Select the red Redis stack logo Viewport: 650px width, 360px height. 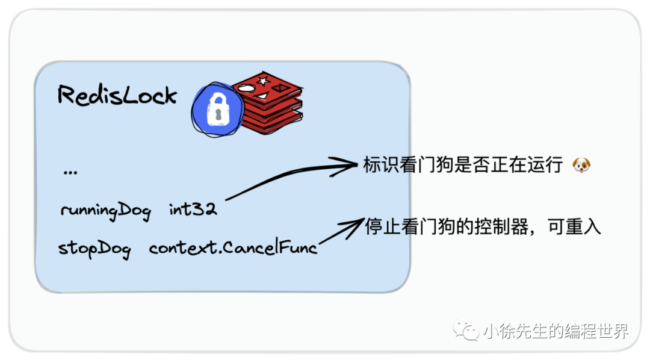(267, 102)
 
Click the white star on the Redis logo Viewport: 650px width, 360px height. (262, 80)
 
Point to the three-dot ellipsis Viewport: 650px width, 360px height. (70, 172)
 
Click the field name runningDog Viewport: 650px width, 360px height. (105, 211)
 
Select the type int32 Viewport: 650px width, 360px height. (193, 210)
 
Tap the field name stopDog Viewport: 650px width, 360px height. (94, 248)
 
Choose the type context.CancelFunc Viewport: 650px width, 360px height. (233, 247)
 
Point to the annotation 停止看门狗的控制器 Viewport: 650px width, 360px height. (446, 227)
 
